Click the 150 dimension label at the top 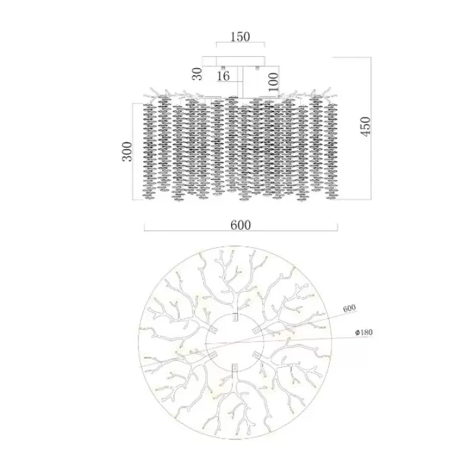pyautogui.click(x=240, y=36)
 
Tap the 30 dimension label pyautogui.click(x=197, y=74)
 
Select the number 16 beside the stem pyautogui.click(x=223, y=76)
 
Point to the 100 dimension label pyautogui.click(x=273, y=82)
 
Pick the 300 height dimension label pyautogui.click(x=127, y=151)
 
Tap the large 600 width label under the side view pyautogui.click(x=241, y=225)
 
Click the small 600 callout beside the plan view pyautogui.click(x=349, y=308)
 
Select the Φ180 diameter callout pyautogui.click(x=364, y=332)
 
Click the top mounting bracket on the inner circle pyautogui.click(x=235, y=318)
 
